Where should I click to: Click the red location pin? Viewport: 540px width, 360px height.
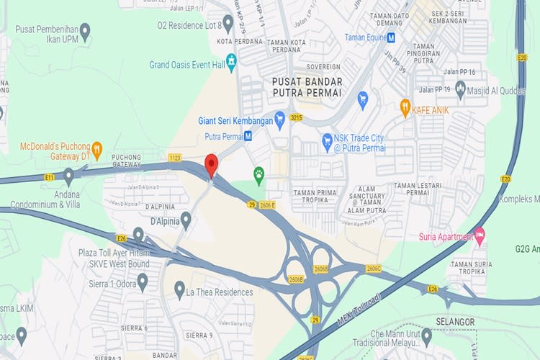point(211,165)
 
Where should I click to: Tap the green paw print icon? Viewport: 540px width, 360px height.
point(259,173)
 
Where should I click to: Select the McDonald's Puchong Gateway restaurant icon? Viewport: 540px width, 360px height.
point(97,150)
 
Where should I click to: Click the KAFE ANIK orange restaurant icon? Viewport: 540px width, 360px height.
point(405,108)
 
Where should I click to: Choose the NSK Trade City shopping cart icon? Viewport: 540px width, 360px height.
point(328,138)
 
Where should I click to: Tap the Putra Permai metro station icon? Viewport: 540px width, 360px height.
point(248,135)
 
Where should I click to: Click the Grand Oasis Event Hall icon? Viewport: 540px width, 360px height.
point(232,64)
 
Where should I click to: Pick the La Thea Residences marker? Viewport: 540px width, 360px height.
point(179,292)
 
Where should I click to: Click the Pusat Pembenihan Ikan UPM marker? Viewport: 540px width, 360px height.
point(85,31)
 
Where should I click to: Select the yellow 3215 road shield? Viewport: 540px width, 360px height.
point(296,117)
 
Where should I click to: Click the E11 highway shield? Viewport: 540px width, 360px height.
point(49,176)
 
